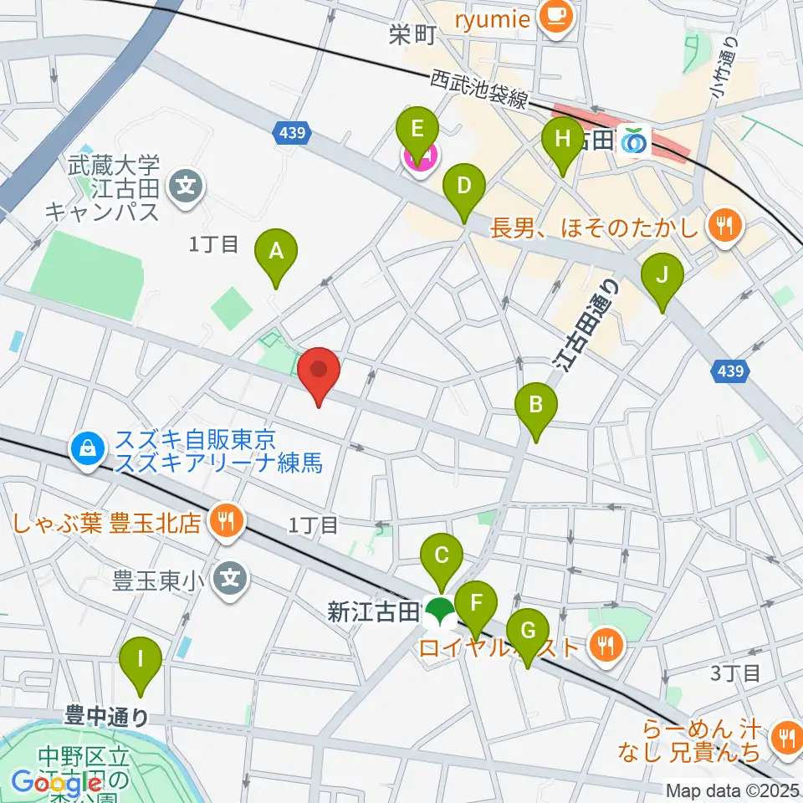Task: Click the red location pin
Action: (x=319, y=376)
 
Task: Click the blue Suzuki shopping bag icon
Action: (x=87, y=449)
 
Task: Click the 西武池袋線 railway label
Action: (x=479, y=89)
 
